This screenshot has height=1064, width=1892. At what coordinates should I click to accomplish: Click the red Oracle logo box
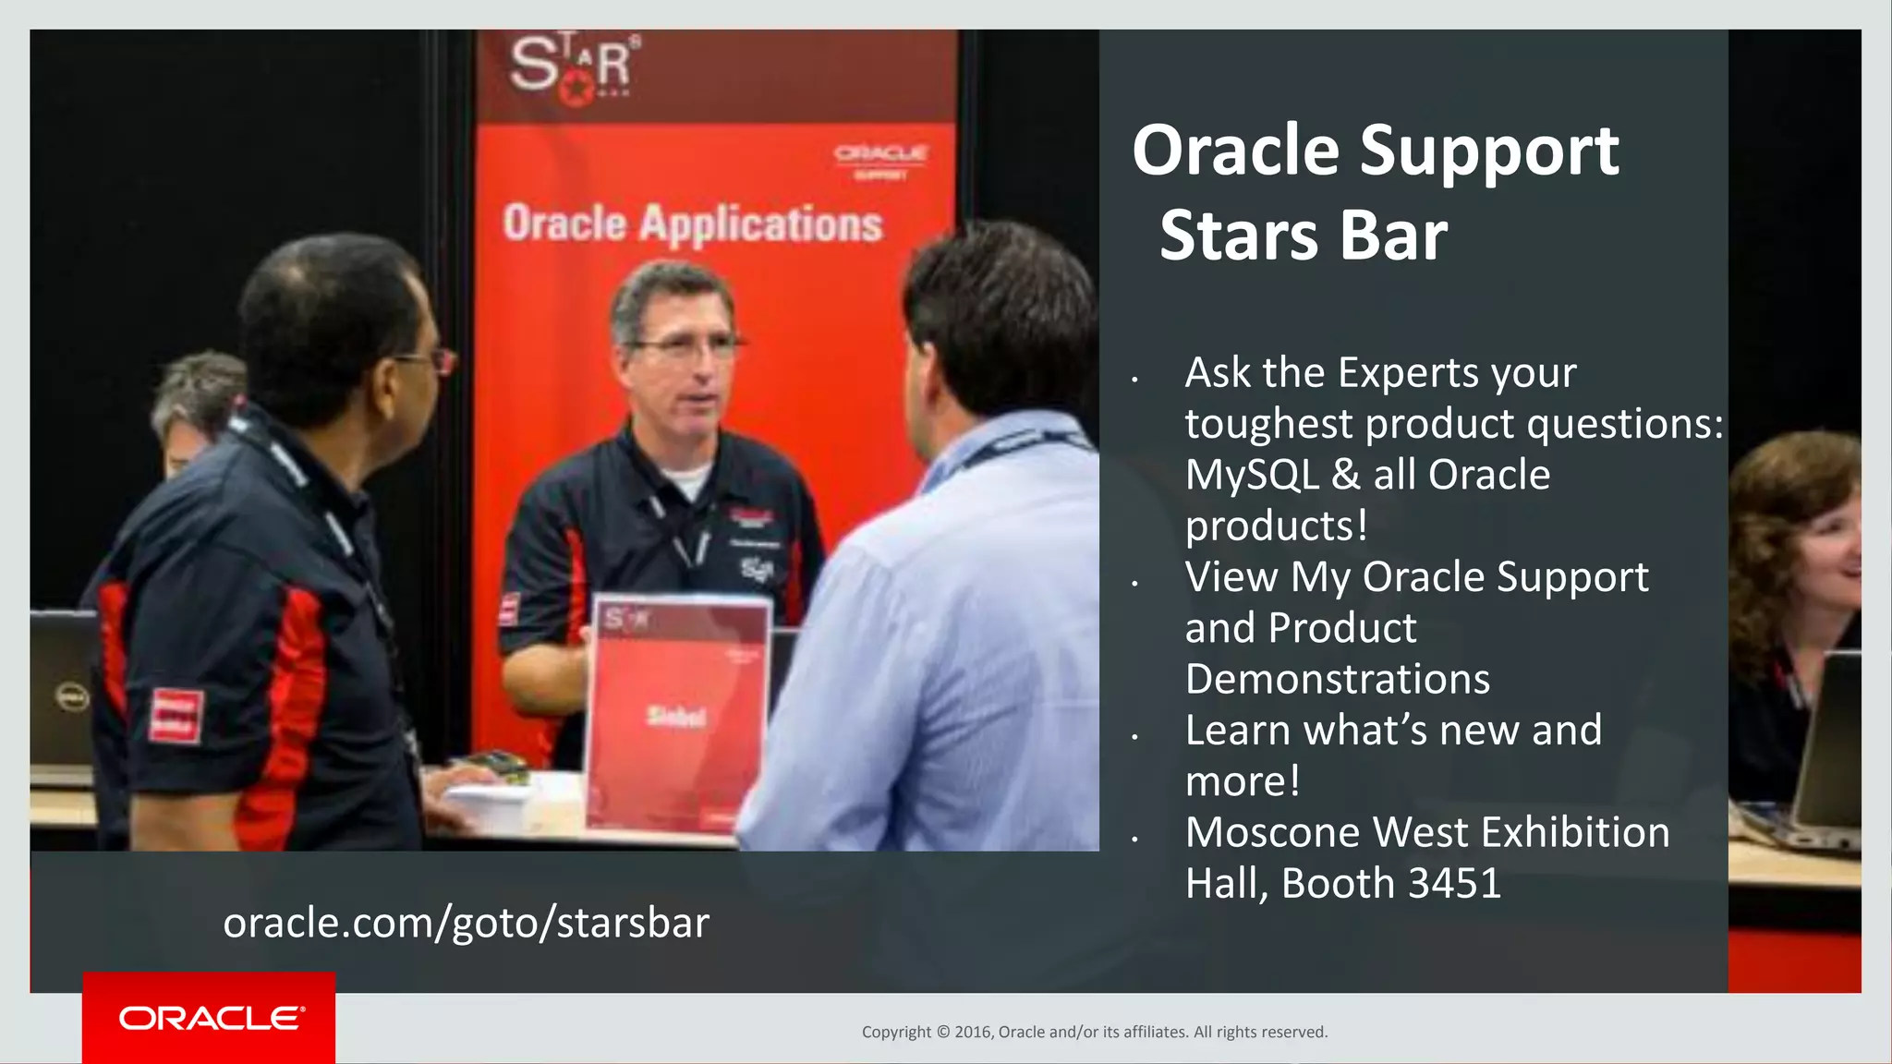209,1017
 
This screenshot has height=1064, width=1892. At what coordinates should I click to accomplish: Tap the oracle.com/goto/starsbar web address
466,923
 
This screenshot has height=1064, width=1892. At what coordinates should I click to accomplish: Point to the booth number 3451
1454,884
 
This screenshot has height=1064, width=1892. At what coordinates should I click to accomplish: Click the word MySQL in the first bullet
1252,475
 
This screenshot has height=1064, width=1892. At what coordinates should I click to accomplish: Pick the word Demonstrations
1337,679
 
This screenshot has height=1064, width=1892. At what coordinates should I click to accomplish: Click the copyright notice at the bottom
1094,1032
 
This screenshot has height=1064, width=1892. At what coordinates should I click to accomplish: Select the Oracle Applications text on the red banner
692,224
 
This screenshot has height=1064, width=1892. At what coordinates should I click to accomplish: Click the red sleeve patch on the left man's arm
176,716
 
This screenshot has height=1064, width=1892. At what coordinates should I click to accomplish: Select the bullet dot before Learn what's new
1134,737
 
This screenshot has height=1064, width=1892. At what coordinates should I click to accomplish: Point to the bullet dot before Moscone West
1134,840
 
